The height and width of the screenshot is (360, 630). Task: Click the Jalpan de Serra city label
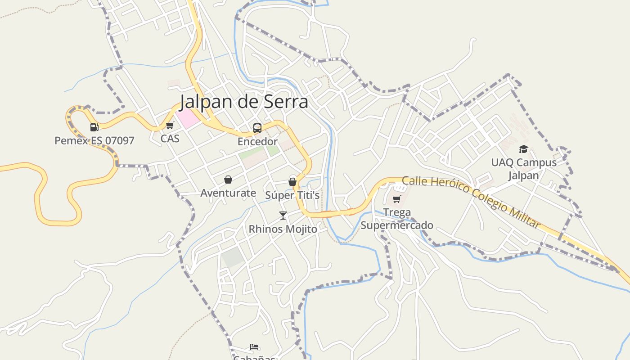click(x=244, y=102)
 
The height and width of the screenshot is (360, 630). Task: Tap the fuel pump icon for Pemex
click(x=94, y=127)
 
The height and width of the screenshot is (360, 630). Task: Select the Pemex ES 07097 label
click(x=94, y=141)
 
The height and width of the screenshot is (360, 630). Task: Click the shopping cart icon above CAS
click(x=170, y=126)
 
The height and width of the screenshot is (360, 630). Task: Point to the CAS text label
click(x=170, y=139)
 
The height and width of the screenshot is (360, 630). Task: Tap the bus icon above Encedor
click(x=257, y=128)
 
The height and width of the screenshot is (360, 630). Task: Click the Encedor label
click(x=257, y=142)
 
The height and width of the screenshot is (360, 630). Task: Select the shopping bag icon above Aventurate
click(x=228, y=180)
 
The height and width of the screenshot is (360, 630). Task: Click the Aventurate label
click(x=228, y=193)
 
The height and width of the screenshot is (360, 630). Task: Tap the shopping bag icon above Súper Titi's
click(x=292, y=182)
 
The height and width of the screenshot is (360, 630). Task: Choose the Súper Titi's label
click(x=292, y=195)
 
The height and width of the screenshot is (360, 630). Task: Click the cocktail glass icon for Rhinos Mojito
click(x=283, y=216)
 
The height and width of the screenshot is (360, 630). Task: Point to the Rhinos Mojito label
click(x=283, y=229)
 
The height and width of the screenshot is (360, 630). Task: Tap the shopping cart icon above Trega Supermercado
click(x=396, y=199)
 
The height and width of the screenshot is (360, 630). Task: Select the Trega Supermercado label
click(x=397, y=219)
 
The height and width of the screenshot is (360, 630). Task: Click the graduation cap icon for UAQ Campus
click(x=523, y=149)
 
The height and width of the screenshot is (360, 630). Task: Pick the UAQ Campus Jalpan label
click(x=524, y=169)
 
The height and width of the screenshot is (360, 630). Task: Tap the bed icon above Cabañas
click(x=254, y=347)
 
